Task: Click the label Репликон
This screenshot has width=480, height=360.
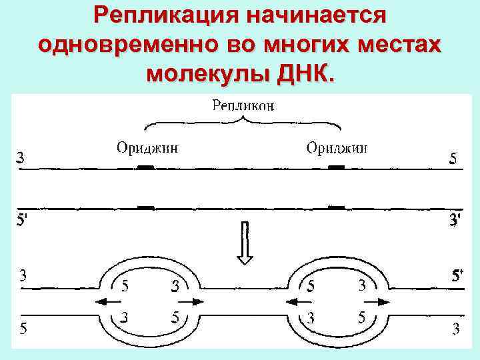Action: pos(243,105)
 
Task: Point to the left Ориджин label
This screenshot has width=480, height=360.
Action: pos(147,148)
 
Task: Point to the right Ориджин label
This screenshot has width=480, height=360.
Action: pos(337,147)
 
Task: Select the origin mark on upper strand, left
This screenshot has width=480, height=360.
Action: pos(145,167)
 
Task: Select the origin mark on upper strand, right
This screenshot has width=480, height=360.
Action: pos(337,167)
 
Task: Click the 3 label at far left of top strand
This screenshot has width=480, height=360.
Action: pos(21,158)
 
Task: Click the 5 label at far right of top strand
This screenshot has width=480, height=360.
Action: pos(453,158)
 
